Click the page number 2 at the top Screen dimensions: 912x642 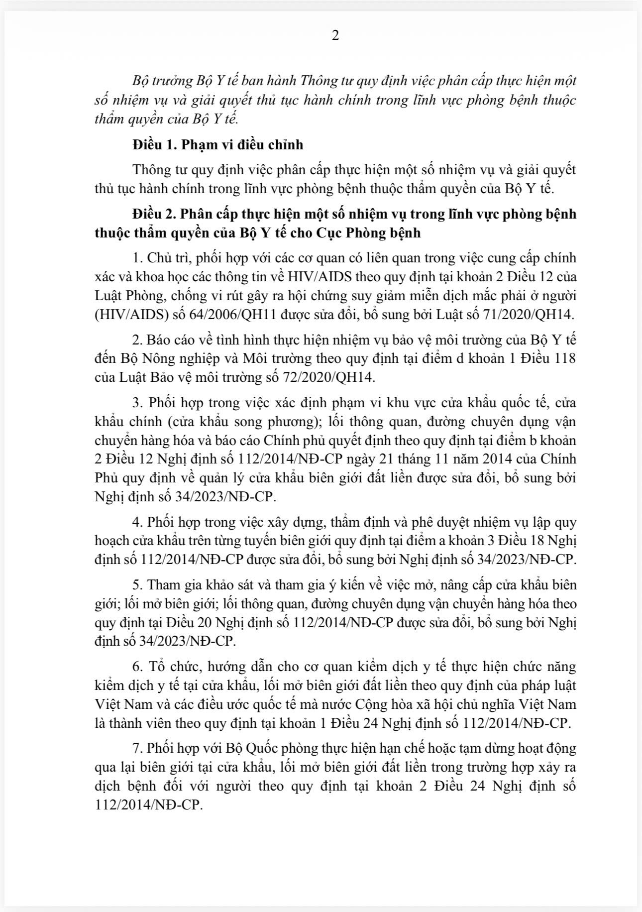(335, 36)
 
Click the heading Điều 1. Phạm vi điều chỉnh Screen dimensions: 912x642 (217, 145)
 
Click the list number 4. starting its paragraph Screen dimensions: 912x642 (137, 522)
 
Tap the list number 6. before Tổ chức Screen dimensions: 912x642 (137, 667)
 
